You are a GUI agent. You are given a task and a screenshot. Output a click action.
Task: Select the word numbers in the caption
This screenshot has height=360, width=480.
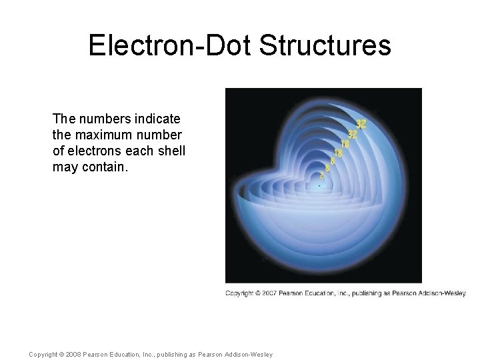(x=102, y=119)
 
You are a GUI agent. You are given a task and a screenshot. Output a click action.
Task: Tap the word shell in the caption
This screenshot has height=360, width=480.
(x=171, y=151)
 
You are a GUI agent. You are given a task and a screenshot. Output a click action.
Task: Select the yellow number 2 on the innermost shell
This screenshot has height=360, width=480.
(x=322, y=176)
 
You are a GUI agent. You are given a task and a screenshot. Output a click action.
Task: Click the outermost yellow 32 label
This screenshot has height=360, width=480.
(x=361, y=124)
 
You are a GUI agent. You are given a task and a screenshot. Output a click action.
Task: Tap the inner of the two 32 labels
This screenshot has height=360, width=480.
(x=353, y=134)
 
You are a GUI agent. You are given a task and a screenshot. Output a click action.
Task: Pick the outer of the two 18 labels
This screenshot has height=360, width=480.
(x=345, y=144)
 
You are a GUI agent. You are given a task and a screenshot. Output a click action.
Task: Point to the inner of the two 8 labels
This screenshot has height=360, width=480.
(x=327, y=169)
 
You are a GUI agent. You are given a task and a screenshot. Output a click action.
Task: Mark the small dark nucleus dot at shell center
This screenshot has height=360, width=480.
(x=319, y=186)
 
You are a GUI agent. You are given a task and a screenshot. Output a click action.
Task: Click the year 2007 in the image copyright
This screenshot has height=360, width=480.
(x=267, y=293)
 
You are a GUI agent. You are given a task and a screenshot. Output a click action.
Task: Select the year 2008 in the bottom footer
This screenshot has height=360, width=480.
(x=72, y=354)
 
